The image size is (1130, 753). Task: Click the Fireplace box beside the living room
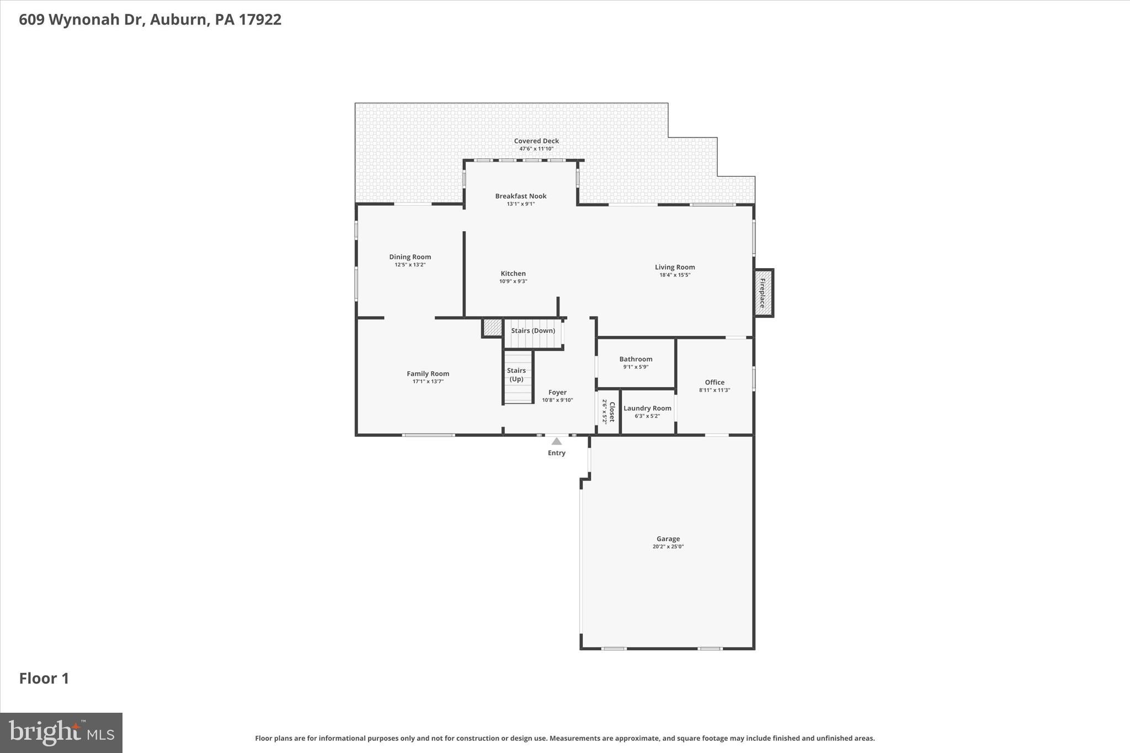[764, 293]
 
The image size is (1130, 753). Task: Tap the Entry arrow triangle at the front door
[556, 441]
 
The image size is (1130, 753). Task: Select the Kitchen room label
[513, 274]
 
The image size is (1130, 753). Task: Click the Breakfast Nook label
[520, 196]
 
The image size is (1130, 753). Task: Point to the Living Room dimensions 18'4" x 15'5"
[674, 275]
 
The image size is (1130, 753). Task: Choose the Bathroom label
[636, 359]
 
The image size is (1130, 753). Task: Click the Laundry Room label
[647, 408]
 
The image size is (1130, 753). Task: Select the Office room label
[715, 382]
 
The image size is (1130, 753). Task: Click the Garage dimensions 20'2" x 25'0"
[668, 547]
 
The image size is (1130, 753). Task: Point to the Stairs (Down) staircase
[533, 334]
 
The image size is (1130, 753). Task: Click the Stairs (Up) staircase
[518, 378]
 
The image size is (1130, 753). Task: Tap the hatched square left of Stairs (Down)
[492, 328]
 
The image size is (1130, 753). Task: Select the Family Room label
[428, 373]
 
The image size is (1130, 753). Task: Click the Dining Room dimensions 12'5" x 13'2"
[410, 265]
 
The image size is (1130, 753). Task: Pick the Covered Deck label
[536, 141]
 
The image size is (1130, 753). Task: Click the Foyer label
[557, 393]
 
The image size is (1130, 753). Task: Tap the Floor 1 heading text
[44, 679]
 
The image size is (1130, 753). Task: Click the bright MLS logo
[61, 733]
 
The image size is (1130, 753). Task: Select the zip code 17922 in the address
[260, 19]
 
